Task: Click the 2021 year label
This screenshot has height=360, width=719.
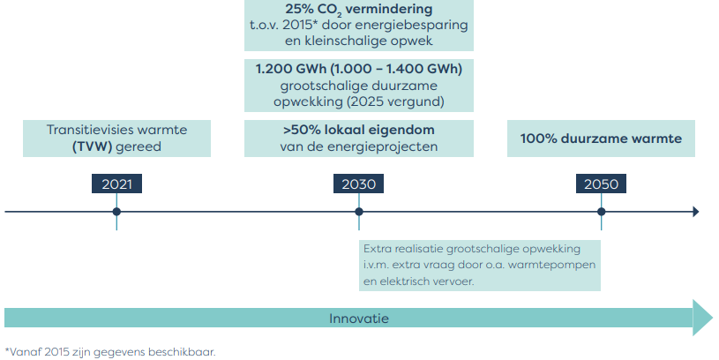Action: (117, 184)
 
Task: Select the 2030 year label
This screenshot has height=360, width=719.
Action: (358, 184)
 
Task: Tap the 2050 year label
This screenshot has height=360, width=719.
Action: (601, 184)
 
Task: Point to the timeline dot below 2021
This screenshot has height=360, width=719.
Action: (116, 212)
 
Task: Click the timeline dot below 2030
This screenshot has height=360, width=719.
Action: (359, 212)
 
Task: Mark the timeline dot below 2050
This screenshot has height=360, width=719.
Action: (601, 212)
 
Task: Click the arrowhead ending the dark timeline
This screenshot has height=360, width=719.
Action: (696, 212)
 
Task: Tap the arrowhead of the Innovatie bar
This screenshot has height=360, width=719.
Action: (702, 318)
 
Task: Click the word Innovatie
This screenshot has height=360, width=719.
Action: (358, 319)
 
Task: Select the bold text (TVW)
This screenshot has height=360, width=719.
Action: (92, 146)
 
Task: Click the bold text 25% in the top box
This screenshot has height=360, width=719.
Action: (299, 9)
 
